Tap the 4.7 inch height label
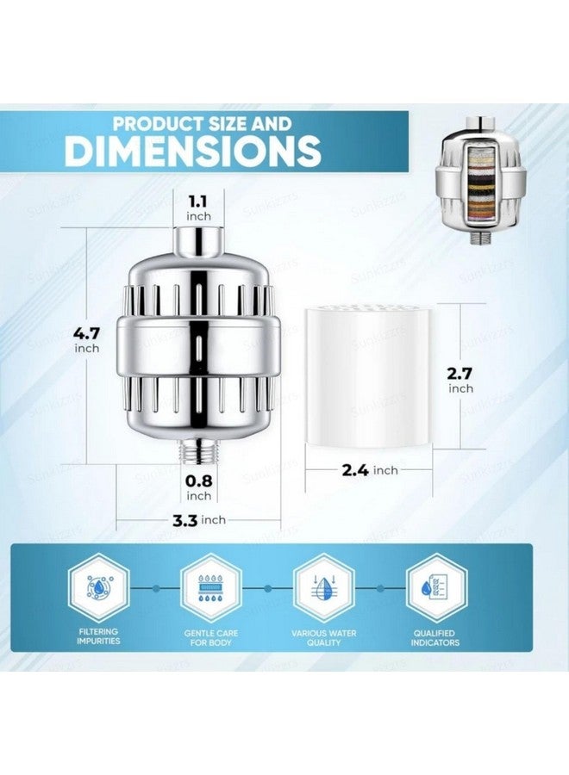[x=87, y=339]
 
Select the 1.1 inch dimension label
[x=198, y=208]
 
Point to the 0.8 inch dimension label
[x=198, y=487]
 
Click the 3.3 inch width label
[x=199, y=520]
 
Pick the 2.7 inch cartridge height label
[x=460, y=380]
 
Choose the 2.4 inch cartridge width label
[x=370, y=470]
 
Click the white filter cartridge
[x=369, y=376]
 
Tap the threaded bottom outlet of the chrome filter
[x=198, y=450]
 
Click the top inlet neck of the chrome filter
[x=198, y=242]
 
